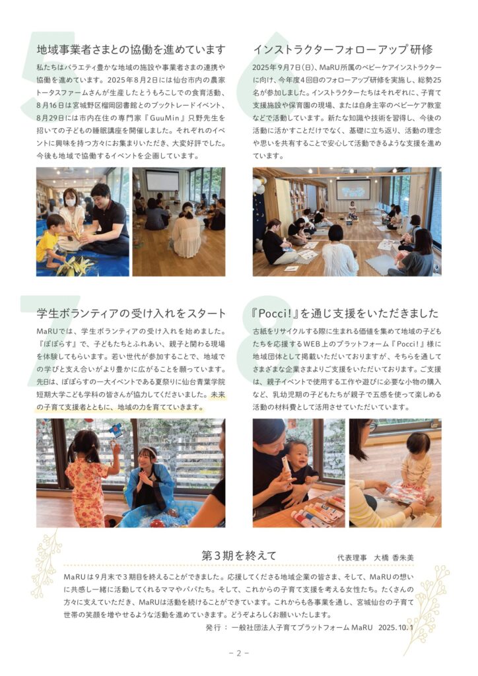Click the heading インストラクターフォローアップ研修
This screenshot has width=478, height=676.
[x=343, y=50]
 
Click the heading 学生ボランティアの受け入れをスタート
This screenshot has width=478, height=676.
[x=131, y=314]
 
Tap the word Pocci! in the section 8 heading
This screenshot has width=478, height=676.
[x=275, y=314]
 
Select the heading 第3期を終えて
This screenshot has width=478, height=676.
[x=239, y=556]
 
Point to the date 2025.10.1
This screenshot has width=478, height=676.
[x=395, y=627]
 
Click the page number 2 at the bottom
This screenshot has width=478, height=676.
[x=239, y=653]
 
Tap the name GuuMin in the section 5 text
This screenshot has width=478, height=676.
[x=161, y=118]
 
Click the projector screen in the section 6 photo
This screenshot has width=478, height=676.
[x=353, y=189]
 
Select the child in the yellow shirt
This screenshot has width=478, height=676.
[x=49, y=242]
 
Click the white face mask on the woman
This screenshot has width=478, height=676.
[x=70, y=202]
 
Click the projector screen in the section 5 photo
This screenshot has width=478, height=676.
[x=162, y=181]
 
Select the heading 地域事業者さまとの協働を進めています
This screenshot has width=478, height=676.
[x=131, y=50]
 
